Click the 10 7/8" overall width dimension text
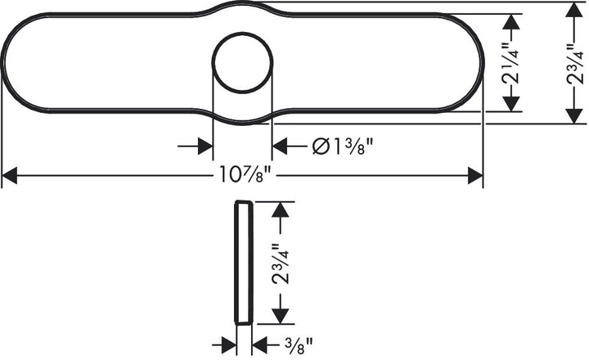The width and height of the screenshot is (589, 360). click(245, 175)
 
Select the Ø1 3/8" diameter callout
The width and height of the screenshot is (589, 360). click(343, 146)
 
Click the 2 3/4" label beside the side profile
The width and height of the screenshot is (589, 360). click(281, 263)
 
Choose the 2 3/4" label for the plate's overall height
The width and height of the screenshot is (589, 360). click(574, 62)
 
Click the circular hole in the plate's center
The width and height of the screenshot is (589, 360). click(243, 62)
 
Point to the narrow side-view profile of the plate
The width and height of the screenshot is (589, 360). click(242, 262)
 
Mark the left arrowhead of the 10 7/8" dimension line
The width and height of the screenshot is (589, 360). click(10, 175)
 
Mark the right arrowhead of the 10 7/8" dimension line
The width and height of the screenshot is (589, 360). click(474, 175)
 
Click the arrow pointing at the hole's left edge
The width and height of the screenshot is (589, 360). click(205, 146)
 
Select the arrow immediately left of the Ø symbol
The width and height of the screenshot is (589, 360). click(281, 146)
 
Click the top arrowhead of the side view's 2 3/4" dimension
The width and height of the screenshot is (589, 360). click(281, 209)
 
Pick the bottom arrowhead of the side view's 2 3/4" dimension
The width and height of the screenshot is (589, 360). click(281, 316)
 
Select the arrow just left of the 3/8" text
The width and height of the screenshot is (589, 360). click(261, 344)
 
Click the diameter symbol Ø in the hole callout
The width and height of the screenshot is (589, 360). click(321, 146)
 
